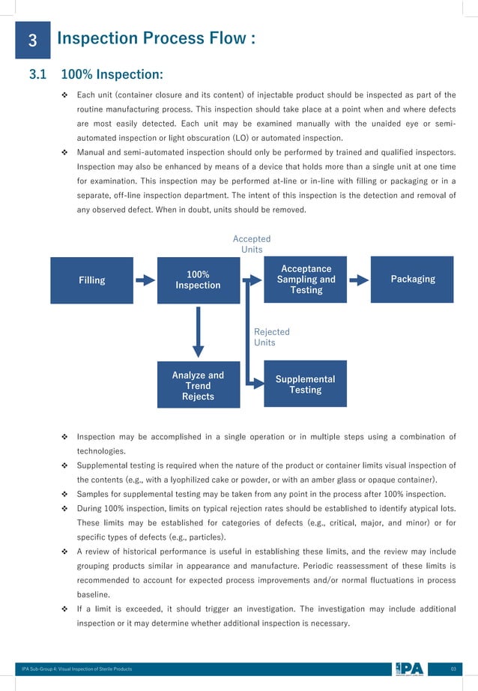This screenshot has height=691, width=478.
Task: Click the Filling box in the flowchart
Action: point(91,280)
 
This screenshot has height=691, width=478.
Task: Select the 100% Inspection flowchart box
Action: point(198,280)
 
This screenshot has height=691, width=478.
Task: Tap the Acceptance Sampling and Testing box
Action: point(306,280)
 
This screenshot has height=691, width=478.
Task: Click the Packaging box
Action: point(413,280)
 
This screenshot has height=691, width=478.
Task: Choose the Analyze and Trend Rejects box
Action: point(198,386)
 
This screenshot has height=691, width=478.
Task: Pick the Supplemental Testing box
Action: point(306,385)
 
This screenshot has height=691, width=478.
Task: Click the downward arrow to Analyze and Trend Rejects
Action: point(198,331)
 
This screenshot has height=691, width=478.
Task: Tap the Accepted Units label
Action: point(252,244)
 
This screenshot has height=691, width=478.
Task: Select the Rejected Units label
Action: point(271,337)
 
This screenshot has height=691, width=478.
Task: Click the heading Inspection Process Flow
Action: point(156,39)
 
